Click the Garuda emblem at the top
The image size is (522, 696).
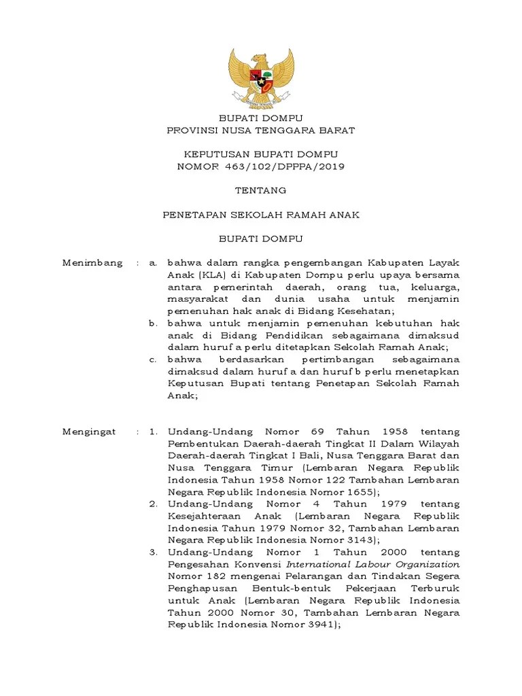coord(261,76)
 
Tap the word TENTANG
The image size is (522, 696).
coord(260,190)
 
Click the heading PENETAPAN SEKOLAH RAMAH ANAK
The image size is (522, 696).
coord(260,215)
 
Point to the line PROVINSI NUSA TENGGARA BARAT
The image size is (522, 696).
coord(260,130)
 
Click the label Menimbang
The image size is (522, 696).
coord(92,262)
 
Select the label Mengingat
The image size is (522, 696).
coord(89,432)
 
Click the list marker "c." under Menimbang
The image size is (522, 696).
coord(153,359)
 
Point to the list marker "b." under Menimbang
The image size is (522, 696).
coord(153,324)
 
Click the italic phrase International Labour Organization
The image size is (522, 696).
coord(372,564)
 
